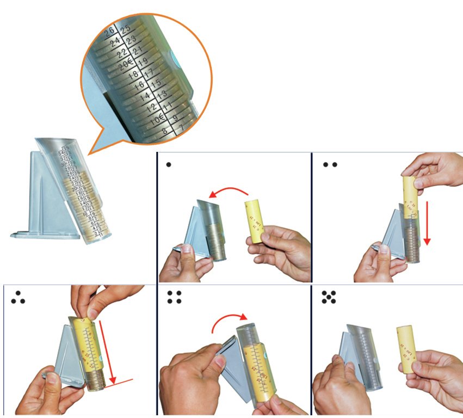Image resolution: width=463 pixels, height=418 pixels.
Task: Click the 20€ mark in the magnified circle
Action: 127,64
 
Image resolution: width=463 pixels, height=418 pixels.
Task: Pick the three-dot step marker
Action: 18,297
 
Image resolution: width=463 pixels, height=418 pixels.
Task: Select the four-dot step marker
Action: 174,297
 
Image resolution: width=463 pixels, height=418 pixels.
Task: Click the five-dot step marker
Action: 329,297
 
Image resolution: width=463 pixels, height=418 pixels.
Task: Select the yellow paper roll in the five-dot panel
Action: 405,346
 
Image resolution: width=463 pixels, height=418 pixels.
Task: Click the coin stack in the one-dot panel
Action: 216,239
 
